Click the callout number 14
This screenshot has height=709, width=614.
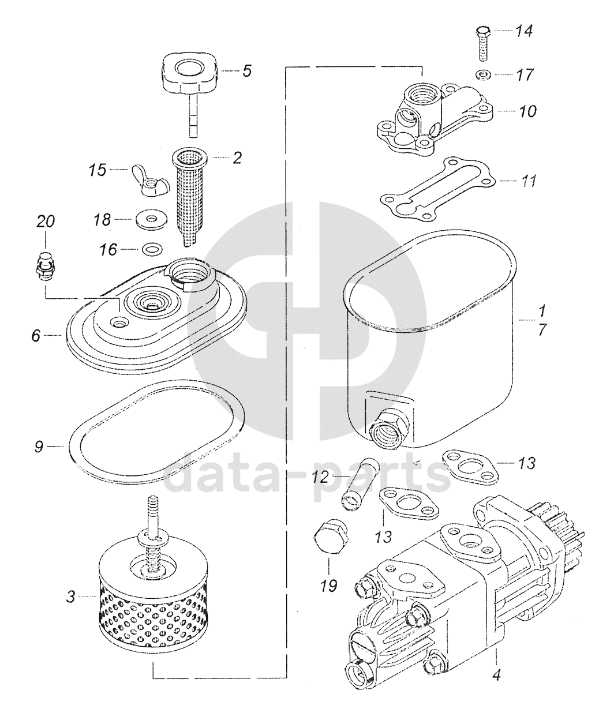[x=524, y=31]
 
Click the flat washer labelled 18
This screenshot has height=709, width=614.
[x=151, y=219]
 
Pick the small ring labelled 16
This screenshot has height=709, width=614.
[x=152, y=249]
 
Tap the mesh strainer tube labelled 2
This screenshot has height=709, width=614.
[x=193, y=193]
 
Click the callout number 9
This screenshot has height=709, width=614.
[x=38, y=447]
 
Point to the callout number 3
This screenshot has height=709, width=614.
[x=70, y=597]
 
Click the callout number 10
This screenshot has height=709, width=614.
[x=528, y=110]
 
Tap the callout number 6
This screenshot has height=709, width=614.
[x=36, y=335]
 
